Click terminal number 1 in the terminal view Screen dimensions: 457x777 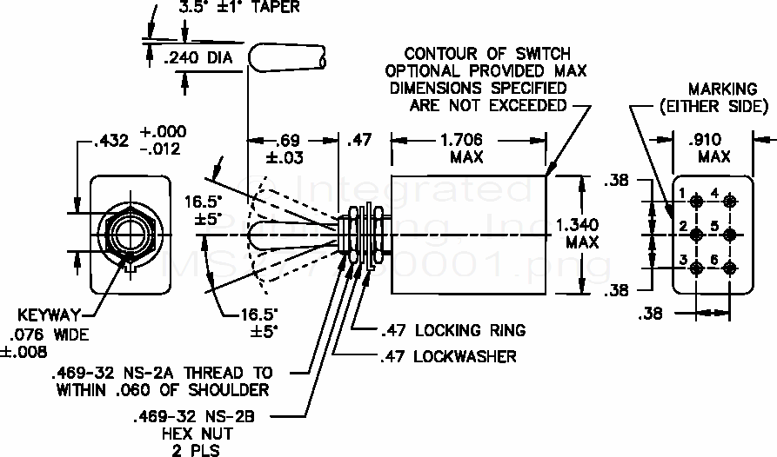[x=697, y=202]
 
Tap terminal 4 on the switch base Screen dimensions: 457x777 [x=731, y=202]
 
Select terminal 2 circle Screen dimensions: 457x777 [x=697, y=235]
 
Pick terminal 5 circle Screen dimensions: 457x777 [x=731, y=235]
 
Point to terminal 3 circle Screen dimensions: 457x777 [x=697, y=268]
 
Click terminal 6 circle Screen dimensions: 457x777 [x=731, y=268]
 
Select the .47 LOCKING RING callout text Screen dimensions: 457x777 [x=452, y=330]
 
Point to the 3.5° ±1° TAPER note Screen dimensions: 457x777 [x=238, y=8]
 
